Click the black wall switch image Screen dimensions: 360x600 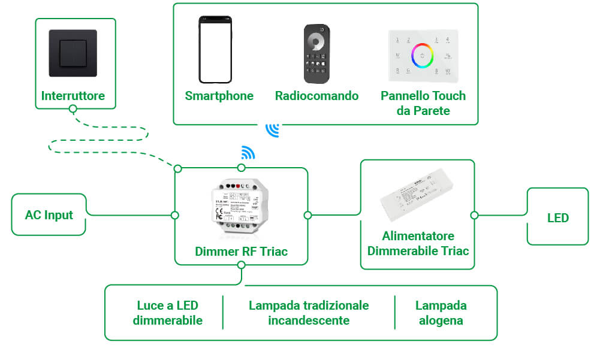click(73, 53)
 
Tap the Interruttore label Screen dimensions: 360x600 click(73, 96)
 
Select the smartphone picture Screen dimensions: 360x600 click(215, 50)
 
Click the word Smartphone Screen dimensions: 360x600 click(219, 96)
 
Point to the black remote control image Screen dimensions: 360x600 click(316, 54)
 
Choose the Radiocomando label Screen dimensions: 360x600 click(316, 96)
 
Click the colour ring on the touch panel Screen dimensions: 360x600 click(423, 55)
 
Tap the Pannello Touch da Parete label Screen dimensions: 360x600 click(423, 103)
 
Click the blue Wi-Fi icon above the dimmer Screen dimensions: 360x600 click(248, 153)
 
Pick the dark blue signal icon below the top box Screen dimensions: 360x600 click(273, 130)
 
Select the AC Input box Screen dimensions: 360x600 click(49, 214)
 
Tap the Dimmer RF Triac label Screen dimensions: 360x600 click(241, 252)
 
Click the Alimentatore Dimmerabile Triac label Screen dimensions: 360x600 click(418, 243)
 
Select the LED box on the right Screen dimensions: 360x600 click(557, 217)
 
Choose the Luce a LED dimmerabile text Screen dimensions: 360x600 click(167, 313)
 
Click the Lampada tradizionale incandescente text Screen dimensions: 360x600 click(309, 313)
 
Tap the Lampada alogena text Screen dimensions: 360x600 click(441, 313)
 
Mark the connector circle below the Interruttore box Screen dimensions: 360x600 click(73, 109)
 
